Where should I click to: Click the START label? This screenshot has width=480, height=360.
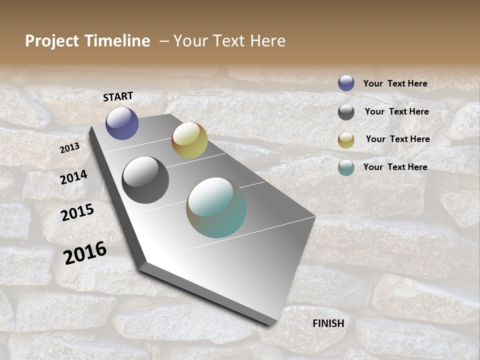[118, 96]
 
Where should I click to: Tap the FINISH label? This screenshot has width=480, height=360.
[328, 323]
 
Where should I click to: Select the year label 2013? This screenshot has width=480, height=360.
[69, 147]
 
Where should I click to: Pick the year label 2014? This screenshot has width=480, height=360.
[73, 177]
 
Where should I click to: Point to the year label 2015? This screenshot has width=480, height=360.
[77, 212]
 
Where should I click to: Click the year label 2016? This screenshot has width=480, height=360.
[85, 252]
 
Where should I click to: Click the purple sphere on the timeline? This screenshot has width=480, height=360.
[122, 123]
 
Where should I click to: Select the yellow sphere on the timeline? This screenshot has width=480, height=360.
[189, 140]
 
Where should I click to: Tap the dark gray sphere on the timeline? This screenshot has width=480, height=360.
[145, 180]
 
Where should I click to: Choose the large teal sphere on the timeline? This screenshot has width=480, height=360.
[216, 207]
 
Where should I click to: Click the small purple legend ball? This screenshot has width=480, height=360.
[346, 83]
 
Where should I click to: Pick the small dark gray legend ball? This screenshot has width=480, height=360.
[346, 112]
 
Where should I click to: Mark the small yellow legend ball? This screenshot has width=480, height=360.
[346, 140]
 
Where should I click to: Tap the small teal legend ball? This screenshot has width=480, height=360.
[346, 167]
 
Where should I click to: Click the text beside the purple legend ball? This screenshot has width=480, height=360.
[395, 83]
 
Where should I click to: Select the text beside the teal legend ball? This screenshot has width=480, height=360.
[395, 167]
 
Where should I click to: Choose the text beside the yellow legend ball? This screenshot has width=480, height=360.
[397, 139]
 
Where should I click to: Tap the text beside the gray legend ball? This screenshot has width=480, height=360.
[396, 111]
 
